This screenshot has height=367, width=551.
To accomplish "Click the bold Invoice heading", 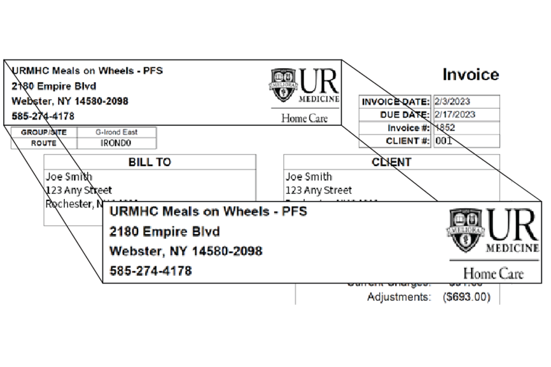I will (x=471, y=74).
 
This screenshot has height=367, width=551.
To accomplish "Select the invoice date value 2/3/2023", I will (x=454, y=102).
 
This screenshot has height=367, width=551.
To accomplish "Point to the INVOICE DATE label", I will (x=395, y=102).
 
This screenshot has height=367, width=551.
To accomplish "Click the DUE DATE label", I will (x=405, y=114).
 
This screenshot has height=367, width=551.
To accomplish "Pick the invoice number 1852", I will (x=445, y=128).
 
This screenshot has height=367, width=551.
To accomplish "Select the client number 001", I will (x=443, y=141).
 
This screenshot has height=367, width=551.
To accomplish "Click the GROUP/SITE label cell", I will (x=44, y=132).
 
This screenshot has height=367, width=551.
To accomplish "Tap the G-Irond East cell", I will (x=116, y=132).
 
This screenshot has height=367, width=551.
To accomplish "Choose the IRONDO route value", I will (x=116, y=143).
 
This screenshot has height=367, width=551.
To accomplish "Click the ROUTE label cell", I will (x=44, y=143).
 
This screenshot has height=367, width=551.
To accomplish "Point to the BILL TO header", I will (x=150, y=162).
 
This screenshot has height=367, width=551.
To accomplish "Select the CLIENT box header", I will (x=391, y=162).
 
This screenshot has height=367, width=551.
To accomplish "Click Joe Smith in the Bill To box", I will (x=69, y=177).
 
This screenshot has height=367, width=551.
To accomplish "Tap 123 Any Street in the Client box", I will (x=318, y=190).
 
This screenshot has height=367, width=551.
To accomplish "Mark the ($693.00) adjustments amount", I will (x=466, y=297).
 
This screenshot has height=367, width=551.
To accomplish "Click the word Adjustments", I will (x=398, y=297).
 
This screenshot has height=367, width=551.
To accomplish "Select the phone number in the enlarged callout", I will (x=151, y=270).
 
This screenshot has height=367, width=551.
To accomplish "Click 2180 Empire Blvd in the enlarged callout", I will (x=165, y=231).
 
